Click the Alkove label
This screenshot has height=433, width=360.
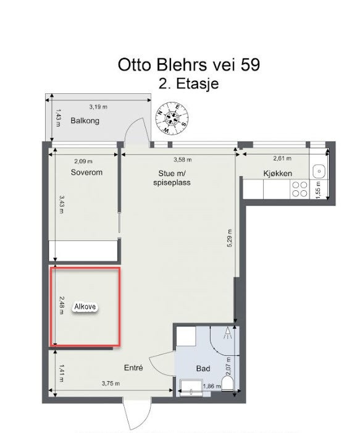pos(86,306)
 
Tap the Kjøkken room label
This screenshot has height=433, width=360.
pos(277,174)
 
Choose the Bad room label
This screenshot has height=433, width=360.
pos(203,369)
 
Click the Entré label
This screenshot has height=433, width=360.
pos(133,368)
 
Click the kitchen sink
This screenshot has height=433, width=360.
pos(319,171)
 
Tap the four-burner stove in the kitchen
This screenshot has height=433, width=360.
pos(300,188)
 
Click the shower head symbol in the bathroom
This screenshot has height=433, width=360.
pos(227,334)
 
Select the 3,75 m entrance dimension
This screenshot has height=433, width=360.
pos(111,384)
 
